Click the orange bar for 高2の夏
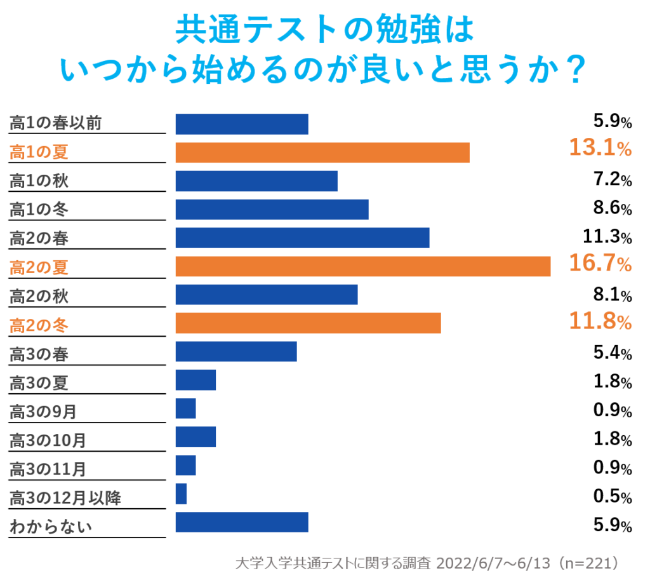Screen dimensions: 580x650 pyautogui.click(x=362, y=266)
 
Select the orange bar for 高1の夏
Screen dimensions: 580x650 pyautogui.click(x=322, y=152)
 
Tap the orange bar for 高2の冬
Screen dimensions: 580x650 pyautogui.click(x=308, y=323)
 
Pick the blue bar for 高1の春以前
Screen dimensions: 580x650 pyautogui.click(x=241, y=125)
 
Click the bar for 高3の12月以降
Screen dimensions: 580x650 pyautogui.click(x=181, y=494)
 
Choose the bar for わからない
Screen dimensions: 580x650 pyautogui.click(x=241, y=522)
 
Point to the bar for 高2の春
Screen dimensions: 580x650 pyautogui.click(x=302, y=238)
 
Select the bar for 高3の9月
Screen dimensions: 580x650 pyautogui.click(x=185, y=408)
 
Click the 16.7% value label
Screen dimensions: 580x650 pyautogui.click(x=600, y=264)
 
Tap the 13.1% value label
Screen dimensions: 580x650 pyautogui.click(x=600, y=149)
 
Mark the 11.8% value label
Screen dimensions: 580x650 pyautogui.click(x=600, y=322)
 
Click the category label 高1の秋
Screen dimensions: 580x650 pyautogui.click(x=39, y=181)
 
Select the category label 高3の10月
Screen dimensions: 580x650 pyautogui.click(x=48, y=440)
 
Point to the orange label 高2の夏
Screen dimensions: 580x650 pyautogui.click(x=39, y=267)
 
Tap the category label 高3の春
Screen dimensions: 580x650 pyautogui.click(x=39, y=354)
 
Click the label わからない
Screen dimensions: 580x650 pyautogui.click(x=51, y=527)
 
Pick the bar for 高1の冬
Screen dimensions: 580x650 pyautogui.click(x=272, y=209)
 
